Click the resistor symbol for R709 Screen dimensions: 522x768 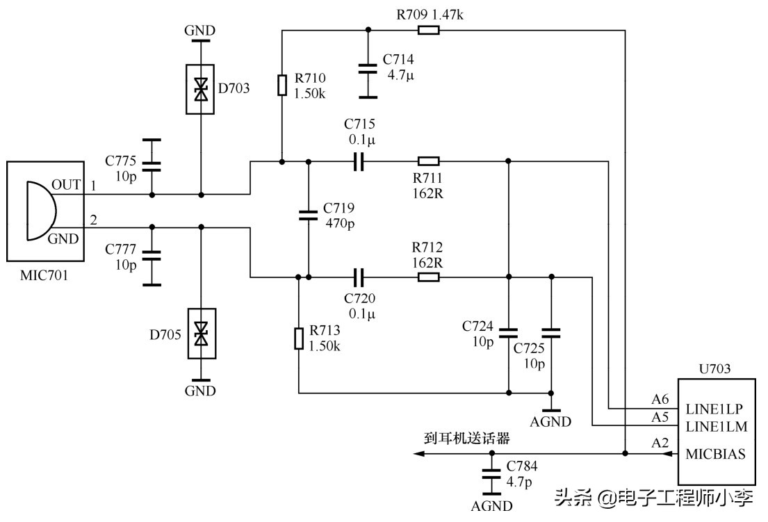pos(428,30)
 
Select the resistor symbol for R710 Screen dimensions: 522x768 pos(282,85)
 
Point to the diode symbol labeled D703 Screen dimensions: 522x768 pos(201,89)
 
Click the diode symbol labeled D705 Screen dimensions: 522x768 pos(201,333)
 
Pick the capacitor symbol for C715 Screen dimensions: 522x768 pos(359,162)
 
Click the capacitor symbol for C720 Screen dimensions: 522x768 pos(359,277)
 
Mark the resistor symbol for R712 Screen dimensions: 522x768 pos(428,277)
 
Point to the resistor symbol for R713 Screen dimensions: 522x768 pos(298,338)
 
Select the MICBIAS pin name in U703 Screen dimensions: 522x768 pos(715,455)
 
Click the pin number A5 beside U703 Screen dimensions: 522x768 pos(660,417)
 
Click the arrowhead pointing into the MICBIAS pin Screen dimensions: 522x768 pos(671,455)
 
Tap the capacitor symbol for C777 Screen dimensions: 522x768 pos(153,254)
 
